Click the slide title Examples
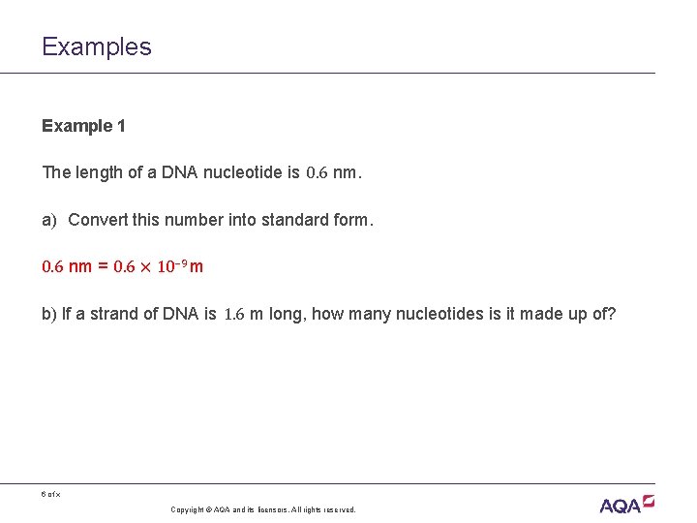[x=97, y=46]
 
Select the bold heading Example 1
[x=83, y=126]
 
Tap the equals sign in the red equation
[x=102, y=266]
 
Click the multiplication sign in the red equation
[x=145, y=267]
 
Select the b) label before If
[x=49, y=314]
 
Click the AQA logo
[x=626, y=504]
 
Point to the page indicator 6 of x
[x=50, y=494]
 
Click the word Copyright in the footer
[x=189, y=509]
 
